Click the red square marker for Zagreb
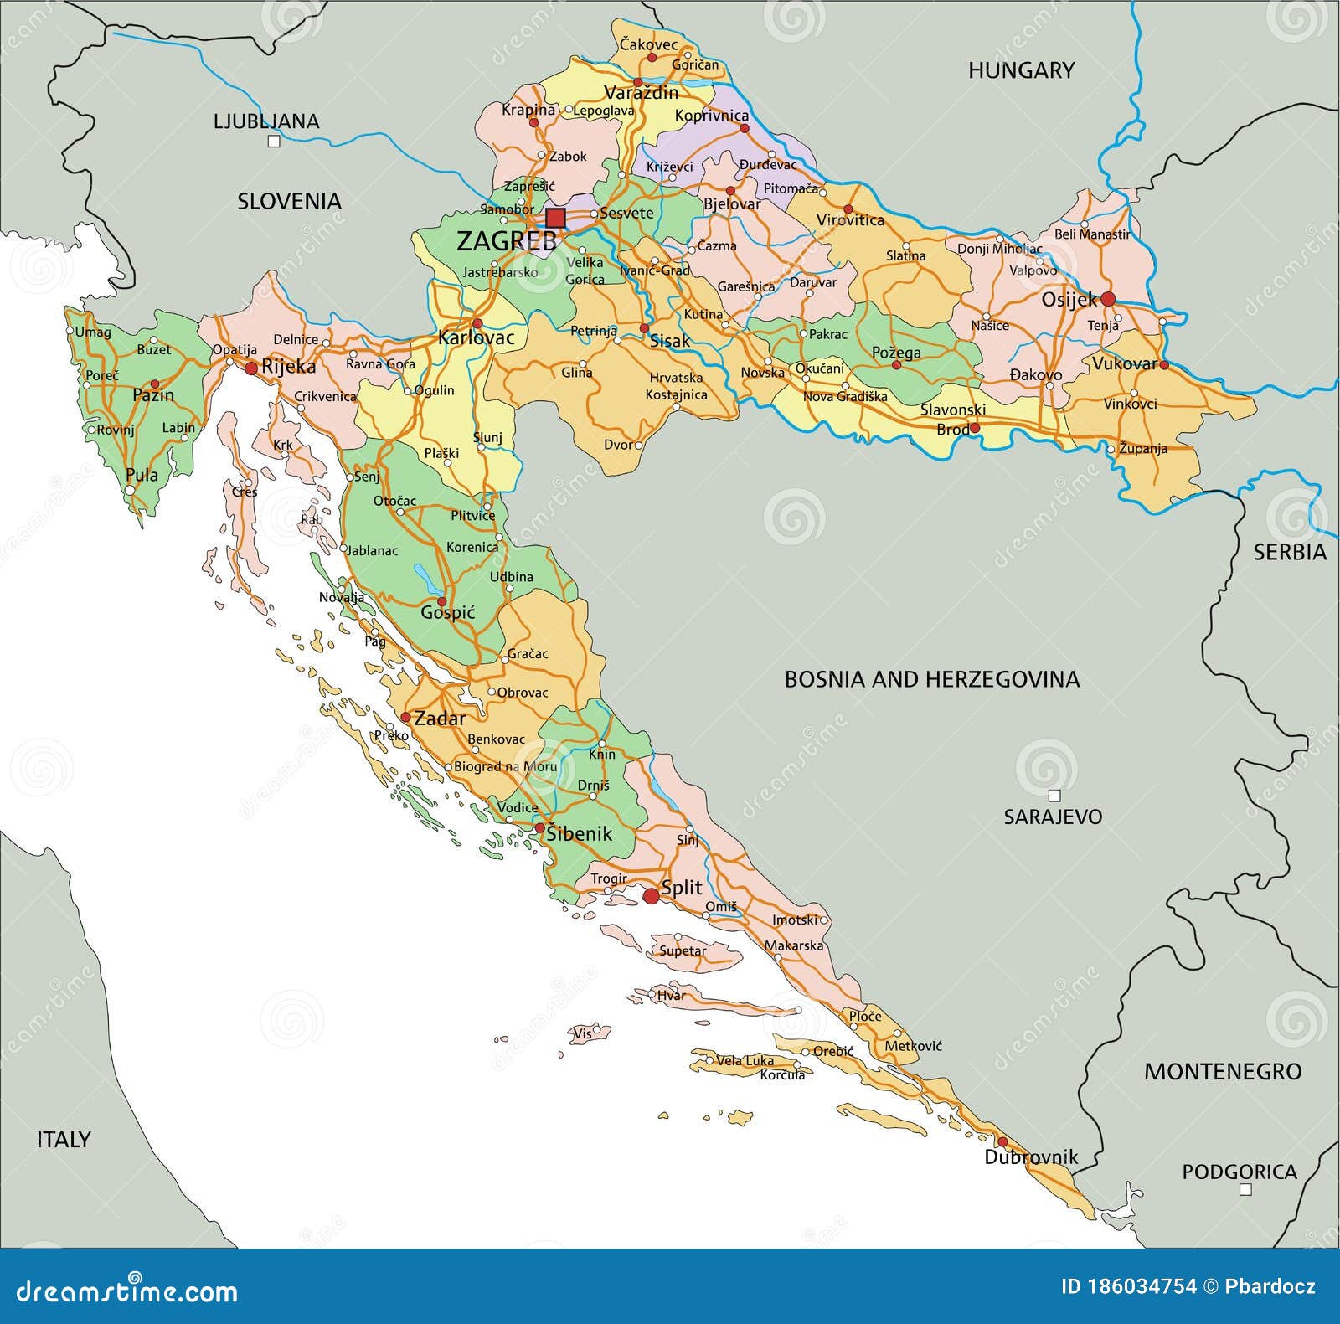[x=555, y=219]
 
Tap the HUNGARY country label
[x=1021, y=70]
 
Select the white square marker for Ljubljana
[x=273, y=142]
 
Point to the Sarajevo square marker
[x=1054, y=796]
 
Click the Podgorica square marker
[x=1245, y=1189]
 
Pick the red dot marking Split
[x=651, y=896]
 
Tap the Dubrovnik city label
[x=1030, y=1157]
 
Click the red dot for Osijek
[x=1108, y=299]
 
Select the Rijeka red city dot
[x=250, y=368]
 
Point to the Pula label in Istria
[x=142, y=475]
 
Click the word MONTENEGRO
[x=1223, y=1071]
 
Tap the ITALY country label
[x=64, y=1139]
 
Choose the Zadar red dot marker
[x=405, y=718]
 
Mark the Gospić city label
[x=447, y=613]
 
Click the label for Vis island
[x=582, y=1033]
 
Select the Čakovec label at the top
[x=649, y=44]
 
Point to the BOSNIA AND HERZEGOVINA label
[x=931, y=679]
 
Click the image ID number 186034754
[x=1128, y=1286]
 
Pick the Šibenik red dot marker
[x=540, y=828]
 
